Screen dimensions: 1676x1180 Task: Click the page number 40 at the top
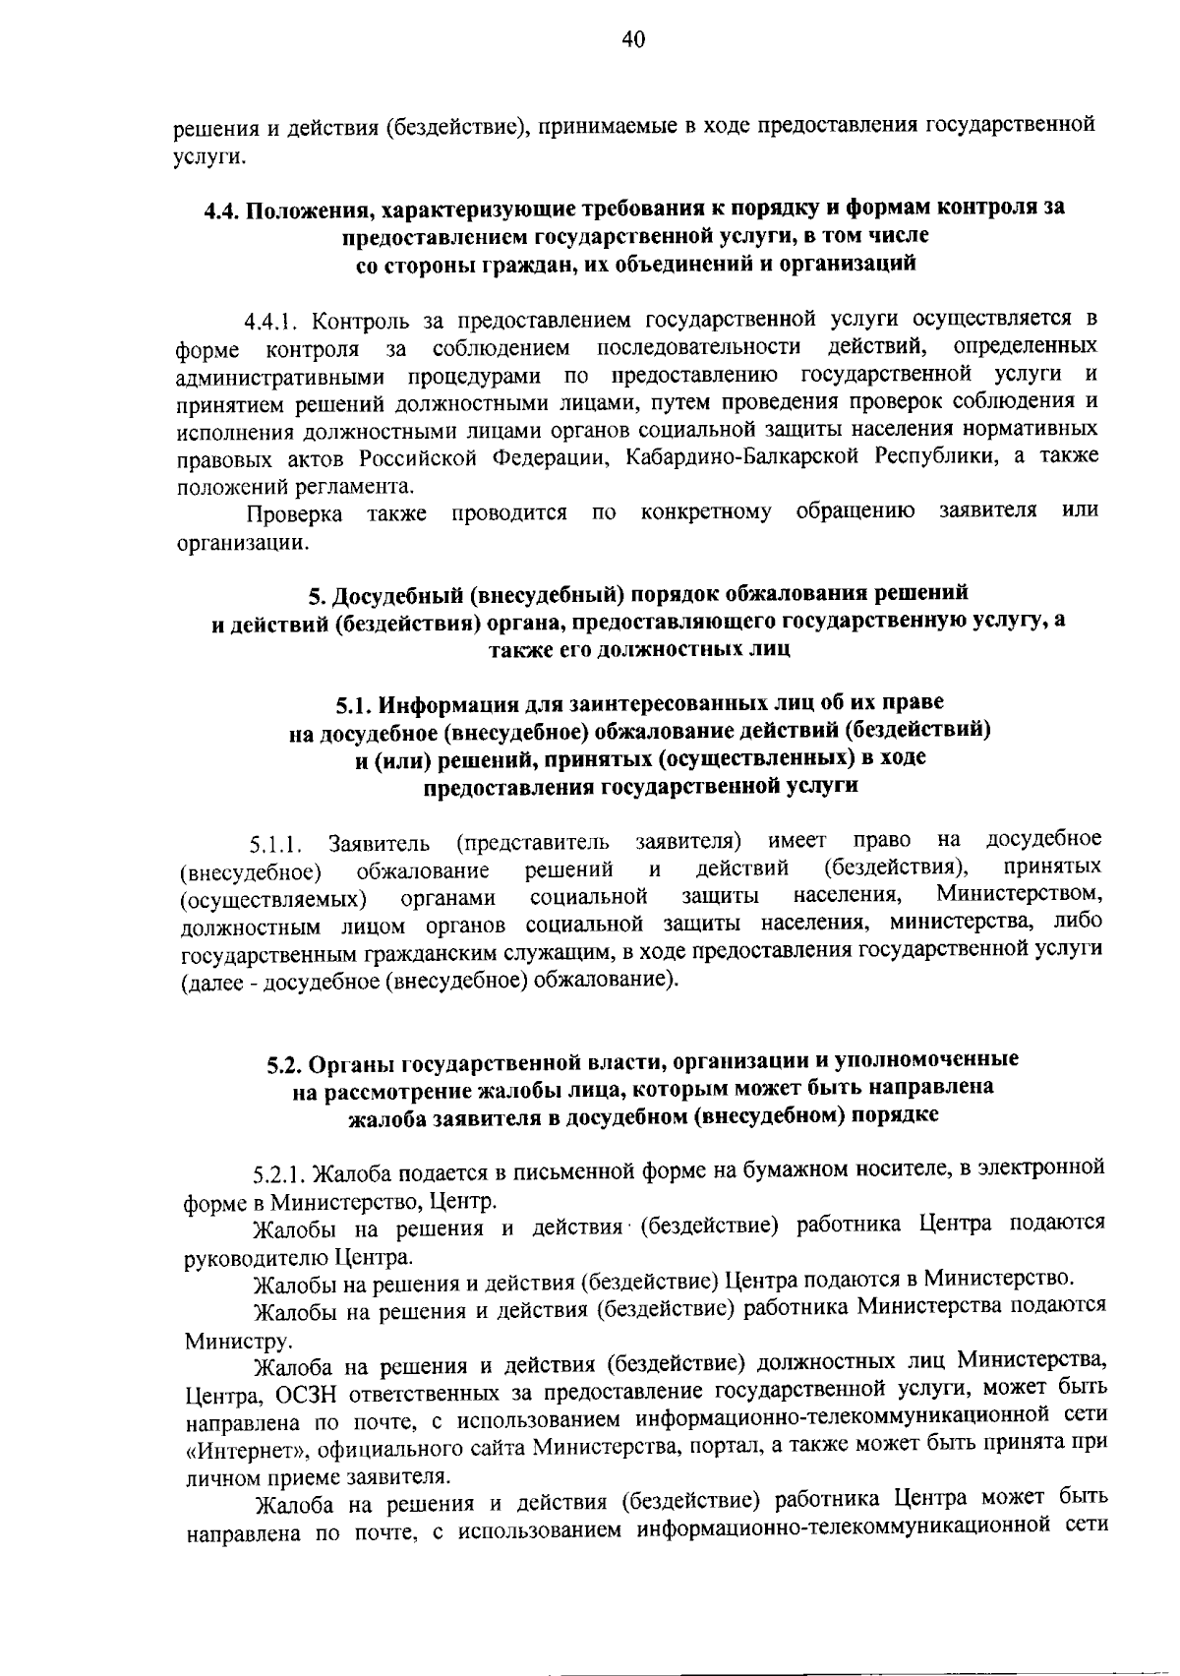click(632, 40)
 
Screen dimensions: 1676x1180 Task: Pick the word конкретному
click(705, 512)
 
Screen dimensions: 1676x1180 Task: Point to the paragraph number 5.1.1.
click(273, 843)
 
